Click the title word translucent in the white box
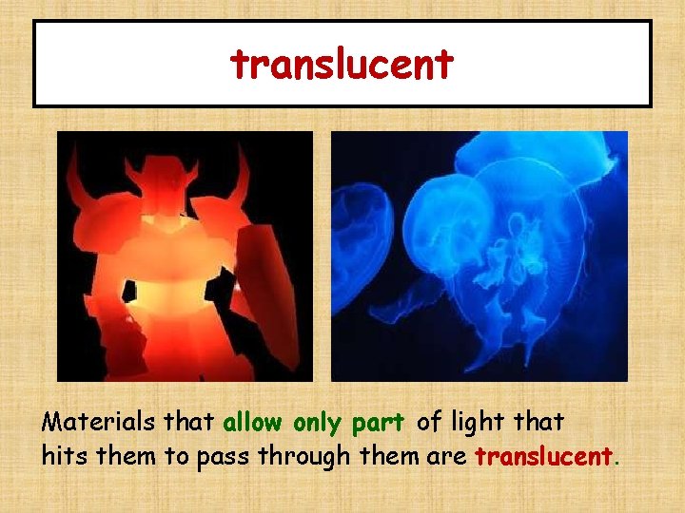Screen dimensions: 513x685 (342, 65)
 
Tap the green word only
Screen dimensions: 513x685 (318, 422)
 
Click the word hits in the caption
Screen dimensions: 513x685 (62, 456)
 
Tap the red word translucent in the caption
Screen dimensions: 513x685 (543, 456)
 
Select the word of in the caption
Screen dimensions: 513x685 (429, 422)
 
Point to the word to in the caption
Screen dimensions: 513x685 (177, 457)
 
